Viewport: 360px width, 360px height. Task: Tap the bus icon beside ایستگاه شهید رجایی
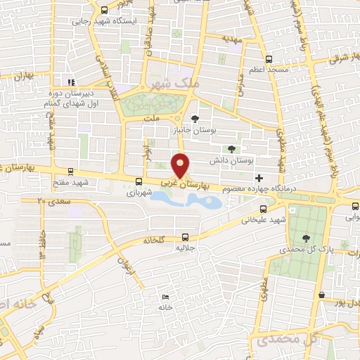pos(105,11)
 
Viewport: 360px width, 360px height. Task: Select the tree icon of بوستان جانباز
pos(195,118)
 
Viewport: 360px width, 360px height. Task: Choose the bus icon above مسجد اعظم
pos(267,59)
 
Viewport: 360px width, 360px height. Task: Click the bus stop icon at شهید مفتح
pos(70,172)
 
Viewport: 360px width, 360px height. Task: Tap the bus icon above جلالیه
pos(185,237)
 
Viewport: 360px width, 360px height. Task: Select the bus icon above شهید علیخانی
pos(263,208)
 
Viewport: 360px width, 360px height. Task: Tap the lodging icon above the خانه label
pos(165,297)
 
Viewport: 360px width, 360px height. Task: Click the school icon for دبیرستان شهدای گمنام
pos(70,82)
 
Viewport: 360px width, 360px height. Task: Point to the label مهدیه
pos(232,40)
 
